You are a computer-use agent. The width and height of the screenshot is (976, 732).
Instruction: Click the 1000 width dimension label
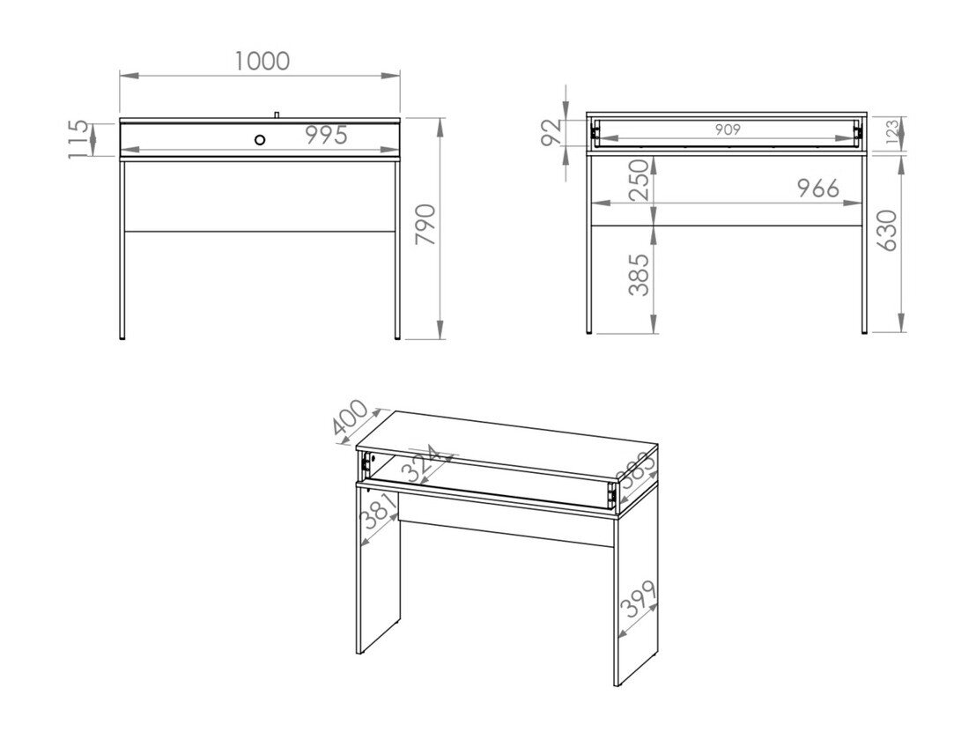point(262,61)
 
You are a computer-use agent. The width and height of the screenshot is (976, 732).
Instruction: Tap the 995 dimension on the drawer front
point(327,136)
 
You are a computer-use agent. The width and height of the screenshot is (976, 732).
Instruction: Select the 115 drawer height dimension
point(79,138)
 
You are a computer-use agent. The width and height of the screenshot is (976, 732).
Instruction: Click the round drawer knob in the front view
point(260,139)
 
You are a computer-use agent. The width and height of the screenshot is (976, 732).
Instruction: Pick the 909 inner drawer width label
point(727,129)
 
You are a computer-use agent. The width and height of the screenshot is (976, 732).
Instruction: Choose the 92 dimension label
point(551,132)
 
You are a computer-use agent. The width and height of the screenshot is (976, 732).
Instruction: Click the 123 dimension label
point(891,133)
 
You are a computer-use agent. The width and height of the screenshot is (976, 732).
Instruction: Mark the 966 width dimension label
point(817,189)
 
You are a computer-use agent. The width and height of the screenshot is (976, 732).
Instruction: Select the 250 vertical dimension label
point(640,180)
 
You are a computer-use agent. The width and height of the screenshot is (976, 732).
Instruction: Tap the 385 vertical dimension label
point(640,274)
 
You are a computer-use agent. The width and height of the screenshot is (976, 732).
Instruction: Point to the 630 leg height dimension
point(887,230)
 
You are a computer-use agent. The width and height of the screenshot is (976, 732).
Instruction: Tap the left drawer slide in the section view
point(595,132)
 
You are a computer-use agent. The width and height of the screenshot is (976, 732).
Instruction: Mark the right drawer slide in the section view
point(856,132)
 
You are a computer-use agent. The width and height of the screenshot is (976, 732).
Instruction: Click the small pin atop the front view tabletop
point(276,115)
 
